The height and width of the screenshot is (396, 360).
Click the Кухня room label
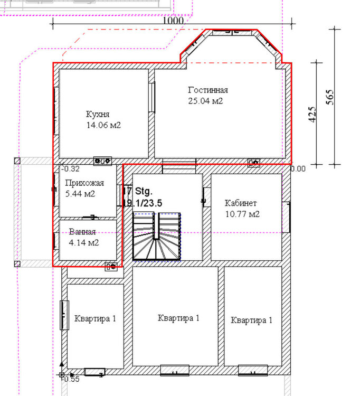click(98, 114)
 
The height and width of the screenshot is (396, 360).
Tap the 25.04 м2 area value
click(205, 101)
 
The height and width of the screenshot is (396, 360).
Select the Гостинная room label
click(208, 90)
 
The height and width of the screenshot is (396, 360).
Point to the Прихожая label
click(84, 183)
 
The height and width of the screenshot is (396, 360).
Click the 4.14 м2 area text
click(84, 243)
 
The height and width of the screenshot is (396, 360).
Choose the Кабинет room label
click(241, 203)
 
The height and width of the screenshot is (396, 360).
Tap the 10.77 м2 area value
click(242, 214)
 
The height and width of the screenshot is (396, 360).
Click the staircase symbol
click(157, 237)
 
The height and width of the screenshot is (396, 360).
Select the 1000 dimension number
click(173, 20)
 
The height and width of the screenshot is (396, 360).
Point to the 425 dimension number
click(312, 115)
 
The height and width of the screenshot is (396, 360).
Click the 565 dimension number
click(330, 97)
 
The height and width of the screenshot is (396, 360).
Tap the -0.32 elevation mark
click(70, 169)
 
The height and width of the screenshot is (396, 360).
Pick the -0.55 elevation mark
click(71, 379)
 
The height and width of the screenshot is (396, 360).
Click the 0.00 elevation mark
click(298, 168)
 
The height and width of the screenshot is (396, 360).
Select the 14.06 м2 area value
click(103, 125)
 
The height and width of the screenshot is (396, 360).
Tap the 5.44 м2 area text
click(80, 194)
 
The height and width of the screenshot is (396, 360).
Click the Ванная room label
click(82, 232)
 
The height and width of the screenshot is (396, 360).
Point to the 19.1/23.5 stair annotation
click(143, 203)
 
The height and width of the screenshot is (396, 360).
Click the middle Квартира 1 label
click(178, 318)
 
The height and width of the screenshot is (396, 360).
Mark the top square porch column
click(17, 161)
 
